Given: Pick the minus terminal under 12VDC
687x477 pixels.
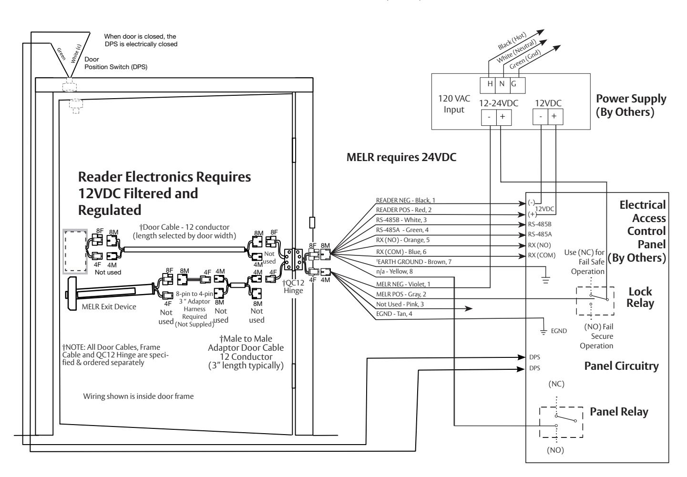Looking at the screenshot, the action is click(x=541, y=117).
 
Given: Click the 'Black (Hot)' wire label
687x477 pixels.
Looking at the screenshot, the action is click(x=512, y=41).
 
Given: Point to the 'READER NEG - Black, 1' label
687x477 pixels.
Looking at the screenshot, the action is click(x=405, y=200).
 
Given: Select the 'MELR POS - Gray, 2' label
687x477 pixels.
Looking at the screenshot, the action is click(x=401, y=294).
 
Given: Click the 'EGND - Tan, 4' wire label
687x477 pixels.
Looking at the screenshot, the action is click(x=394, y=314).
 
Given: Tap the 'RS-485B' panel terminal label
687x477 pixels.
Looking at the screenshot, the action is click(x=540, y=224).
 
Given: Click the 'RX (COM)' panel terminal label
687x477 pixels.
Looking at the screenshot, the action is click(x=542, y=255).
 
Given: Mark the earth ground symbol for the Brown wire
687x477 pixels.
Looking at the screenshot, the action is click(x=545, y=280).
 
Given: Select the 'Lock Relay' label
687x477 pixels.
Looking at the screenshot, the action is click(x=640, y=297).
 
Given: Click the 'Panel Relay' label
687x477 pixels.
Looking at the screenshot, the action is click(x=619, y=411).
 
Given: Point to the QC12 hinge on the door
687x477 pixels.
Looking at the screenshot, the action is click(x=293, y=259).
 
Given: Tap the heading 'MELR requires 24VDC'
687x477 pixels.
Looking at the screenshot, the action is click(x=401, y=157).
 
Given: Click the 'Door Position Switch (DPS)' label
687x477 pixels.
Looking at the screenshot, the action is click(x=116, y=63).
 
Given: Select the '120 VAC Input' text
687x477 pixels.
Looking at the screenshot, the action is click(x=454, y=104).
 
